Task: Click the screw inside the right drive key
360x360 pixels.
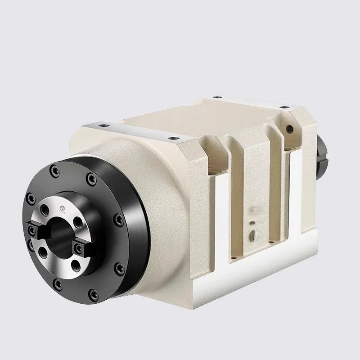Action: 80,247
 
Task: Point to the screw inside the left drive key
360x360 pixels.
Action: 32,230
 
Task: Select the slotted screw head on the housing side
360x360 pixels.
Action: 255,234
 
